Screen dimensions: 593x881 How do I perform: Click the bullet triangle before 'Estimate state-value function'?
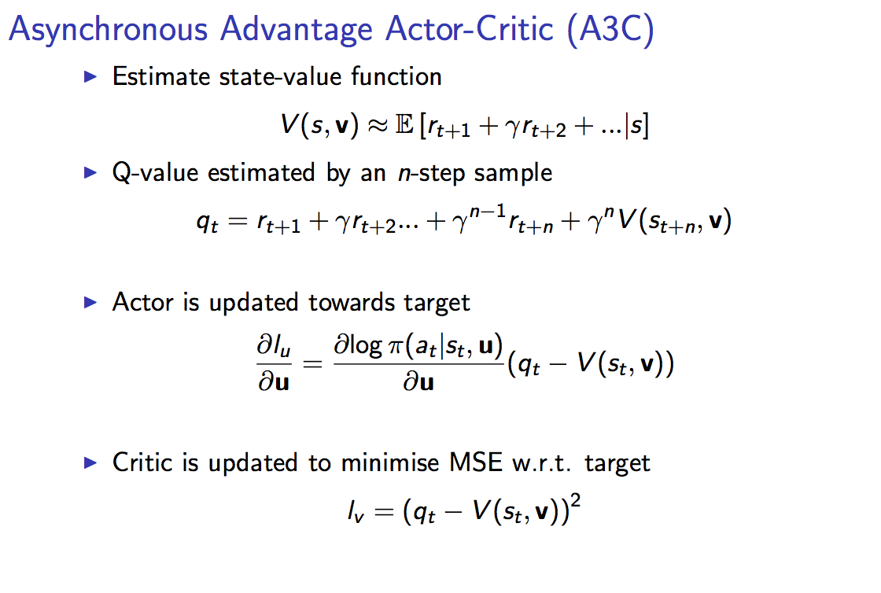click(x=90, y=77)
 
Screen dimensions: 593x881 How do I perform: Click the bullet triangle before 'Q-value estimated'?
click(x=90, y=172)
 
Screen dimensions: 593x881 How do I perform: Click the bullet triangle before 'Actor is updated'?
click(x=90, y=302)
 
